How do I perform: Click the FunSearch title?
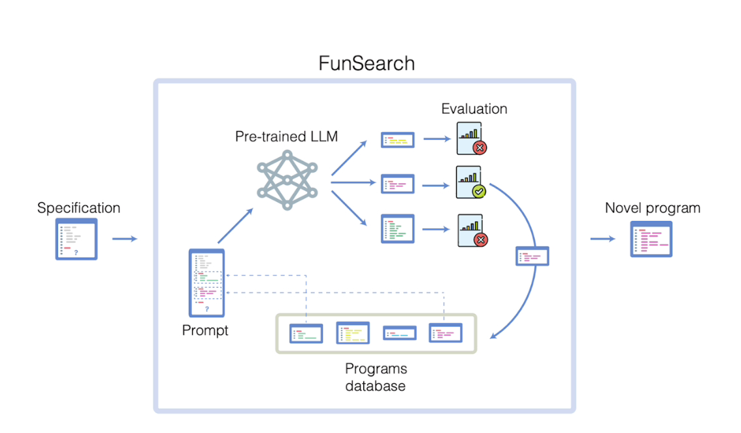(x=366, y=63)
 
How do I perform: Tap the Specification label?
(x=78, y=208)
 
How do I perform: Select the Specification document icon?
(x=76, y=239)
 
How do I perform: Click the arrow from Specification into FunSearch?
(x=124, y=239)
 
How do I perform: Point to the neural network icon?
(x=286, y=180)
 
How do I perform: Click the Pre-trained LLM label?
(x=286, y=137)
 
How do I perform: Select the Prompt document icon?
(x=206, y=282)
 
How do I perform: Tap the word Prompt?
(x=205, y=330)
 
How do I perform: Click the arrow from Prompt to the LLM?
(x=234, y=226)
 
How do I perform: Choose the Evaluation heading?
(x=474, y=109)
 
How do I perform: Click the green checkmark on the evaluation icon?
(x=479, y=191)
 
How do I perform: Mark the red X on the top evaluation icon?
(x=480, y=148)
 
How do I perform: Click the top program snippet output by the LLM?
(x=397, y=139)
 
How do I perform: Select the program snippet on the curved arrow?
(x=532, y=256)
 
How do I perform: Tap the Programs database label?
(x=375, y=377)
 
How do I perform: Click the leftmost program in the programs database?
(x=306, y=334)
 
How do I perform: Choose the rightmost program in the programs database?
(x=445, y=333)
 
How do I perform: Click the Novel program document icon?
(x=651, y=239)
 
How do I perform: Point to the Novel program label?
(x=652, y=208)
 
